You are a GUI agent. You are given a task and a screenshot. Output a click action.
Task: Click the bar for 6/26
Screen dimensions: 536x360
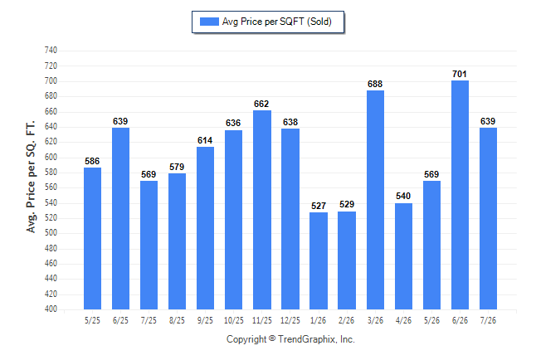pyautogui.click(x=460, y=195)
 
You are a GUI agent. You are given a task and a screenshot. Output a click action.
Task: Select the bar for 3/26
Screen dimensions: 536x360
pyautogui.click(x=375, y=200)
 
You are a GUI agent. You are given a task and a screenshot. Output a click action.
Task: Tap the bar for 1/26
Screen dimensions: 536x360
pyautogui.click(x=319, y=260)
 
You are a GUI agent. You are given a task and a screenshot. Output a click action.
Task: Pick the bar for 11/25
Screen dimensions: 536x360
pyautogui.click(x=262, y=210)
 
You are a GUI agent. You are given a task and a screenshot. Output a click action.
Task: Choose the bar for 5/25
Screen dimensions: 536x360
pyautogui.click(x=93, y=239)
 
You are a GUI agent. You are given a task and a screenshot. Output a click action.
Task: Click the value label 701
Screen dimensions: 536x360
pyautogui.click(x=460, y=74)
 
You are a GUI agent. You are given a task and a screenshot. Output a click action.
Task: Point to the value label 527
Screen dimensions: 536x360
pyautogui.click(x=319, y=206)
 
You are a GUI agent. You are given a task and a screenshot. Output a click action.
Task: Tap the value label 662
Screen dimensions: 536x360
pyautogui.click(x=261, y=104)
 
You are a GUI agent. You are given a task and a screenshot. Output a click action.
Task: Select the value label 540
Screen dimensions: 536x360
pyautogui.click(x=403, y=197)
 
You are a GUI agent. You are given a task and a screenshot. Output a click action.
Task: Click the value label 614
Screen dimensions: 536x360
pyautogui.click(x=205, y=140)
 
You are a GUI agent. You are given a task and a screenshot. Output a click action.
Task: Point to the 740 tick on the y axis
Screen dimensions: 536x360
pyautogui.click(x=51, y=51)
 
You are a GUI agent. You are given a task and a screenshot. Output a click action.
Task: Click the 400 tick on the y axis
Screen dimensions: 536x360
pyautogui.click(x=51, y=309)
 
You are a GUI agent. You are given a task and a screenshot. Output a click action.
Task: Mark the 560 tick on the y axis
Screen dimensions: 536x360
pyautogui.click(x=51, y=187)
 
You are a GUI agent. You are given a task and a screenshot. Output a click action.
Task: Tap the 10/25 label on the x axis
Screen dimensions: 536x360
pyautogui.click(x=234, y=321)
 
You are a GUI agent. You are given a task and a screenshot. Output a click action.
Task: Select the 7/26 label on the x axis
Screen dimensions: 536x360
pyautogui.click(x=488, y=321)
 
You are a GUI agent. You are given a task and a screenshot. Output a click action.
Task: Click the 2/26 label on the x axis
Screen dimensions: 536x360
pyautogui.click(x=347, y=321)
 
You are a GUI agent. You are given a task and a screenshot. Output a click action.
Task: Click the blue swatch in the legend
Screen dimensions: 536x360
pyautogui.click(x=209, y=22)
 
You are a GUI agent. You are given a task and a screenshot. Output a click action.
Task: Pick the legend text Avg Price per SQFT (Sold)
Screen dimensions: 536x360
pyautogui.click(x=277, y=22)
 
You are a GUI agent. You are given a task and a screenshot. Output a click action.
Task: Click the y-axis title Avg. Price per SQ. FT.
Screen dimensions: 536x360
pyautogui.click(x=31, y=177)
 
